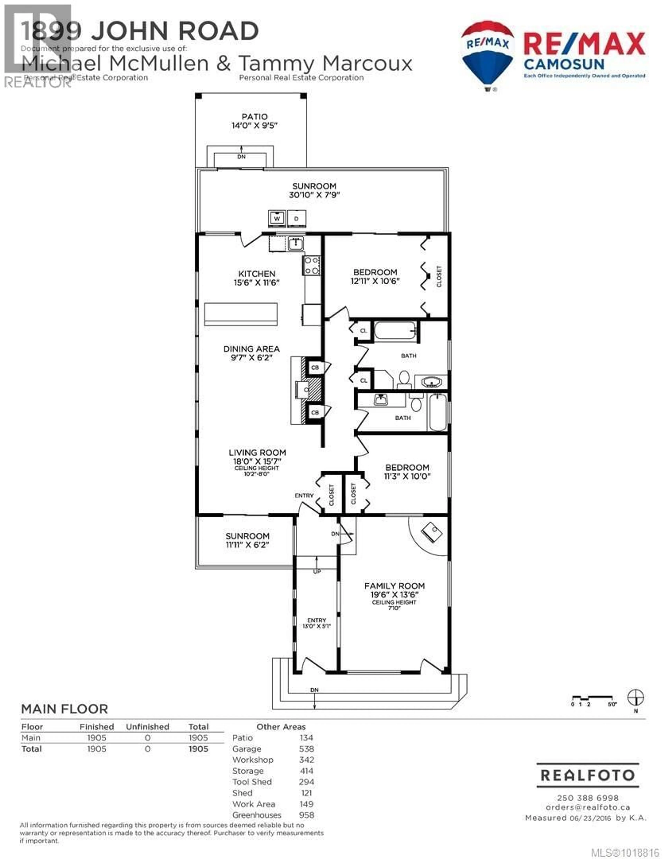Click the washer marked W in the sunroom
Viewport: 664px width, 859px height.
[277, 219]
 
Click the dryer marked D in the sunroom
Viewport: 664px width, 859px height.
[297, 219]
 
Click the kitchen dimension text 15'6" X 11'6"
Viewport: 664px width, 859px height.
[256, 282]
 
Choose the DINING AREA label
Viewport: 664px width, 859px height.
[251, 349]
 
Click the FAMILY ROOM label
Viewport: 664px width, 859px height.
[394, 586]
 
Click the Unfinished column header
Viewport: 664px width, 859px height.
[147, 727]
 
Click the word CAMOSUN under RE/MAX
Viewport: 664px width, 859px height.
[564, 64]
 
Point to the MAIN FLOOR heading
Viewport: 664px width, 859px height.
[64, 709]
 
